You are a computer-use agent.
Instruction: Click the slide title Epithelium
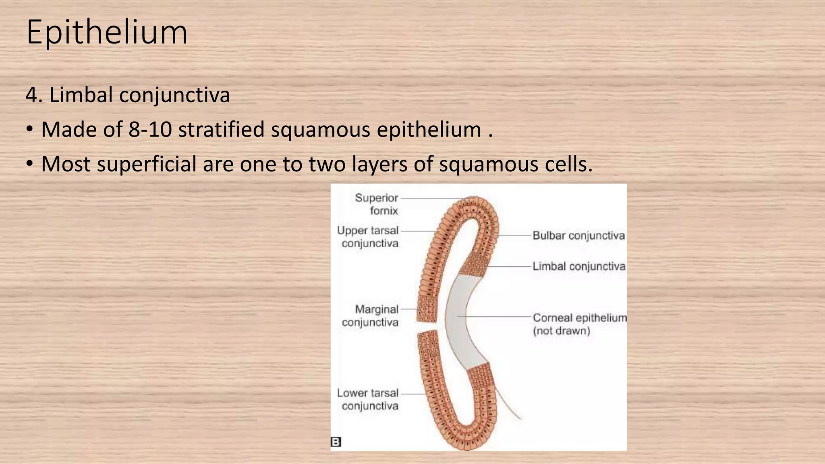click(107, 32)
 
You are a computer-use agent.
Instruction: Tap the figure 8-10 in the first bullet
click(150, 130)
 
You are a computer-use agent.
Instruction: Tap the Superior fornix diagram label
click(376, 204)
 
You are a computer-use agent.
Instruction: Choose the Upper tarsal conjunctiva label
click(368, 237)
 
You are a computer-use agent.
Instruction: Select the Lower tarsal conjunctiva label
click(368, 399)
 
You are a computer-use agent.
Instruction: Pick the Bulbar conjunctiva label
click(578, 236)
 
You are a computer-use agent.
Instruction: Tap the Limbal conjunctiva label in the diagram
click(579, 267)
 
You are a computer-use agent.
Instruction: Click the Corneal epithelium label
click(580, 318)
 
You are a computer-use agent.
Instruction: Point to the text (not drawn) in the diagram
click(562, 331)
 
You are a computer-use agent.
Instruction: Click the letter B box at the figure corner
click(336, 442)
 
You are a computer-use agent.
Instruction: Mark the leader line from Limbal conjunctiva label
click(510, 267)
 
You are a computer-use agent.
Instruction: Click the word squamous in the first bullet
click(320, 130)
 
